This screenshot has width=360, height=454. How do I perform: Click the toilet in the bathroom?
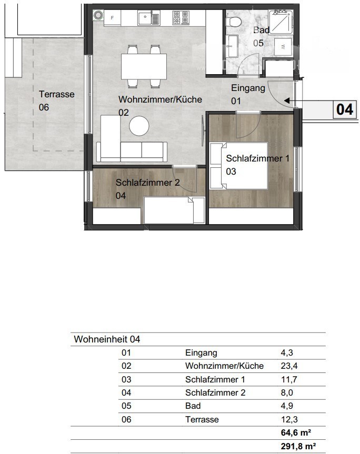(x=234, y=20)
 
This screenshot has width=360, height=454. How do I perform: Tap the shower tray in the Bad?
(x=281, y=21)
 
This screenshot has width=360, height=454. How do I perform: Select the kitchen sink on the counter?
(x=148, y=18)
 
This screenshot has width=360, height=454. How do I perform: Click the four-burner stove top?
(x=181, y=18)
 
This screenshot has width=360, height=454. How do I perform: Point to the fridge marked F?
(x=112, y=18)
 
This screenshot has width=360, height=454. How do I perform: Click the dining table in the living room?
(x=144, y=66)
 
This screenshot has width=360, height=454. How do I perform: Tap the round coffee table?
(x=139, y=126)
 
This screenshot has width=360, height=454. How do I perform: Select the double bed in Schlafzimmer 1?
(x=238, y=166)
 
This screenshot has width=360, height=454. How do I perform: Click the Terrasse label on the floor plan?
(x=57, y=94)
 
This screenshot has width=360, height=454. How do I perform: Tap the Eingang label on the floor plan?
(x=248, y=88)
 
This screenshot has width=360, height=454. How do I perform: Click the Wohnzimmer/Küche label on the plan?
(x=160, y=99)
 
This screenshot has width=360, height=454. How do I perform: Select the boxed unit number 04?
(x=345, y=109)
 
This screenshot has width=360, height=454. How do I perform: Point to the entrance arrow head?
(x=287, y=100)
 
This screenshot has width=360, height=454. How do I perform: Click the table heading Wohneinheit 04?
(x=107, y=339)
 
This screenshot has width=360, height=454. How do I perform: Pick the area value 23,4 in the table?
(x=289, y=366)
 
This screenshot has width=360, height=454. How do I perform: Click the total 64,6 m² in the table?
(x=296, y=432)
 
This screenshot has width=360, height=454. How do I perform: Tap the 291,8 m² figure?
(x=298, y=446)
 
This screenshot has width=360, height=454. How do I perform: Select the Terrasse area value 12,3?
(x=289, y=419)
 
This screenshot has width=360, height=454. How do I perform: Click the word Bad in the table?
(x=193, y=406)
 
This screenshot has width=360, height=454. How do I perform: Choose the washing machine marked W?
(x=283, y=47)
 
